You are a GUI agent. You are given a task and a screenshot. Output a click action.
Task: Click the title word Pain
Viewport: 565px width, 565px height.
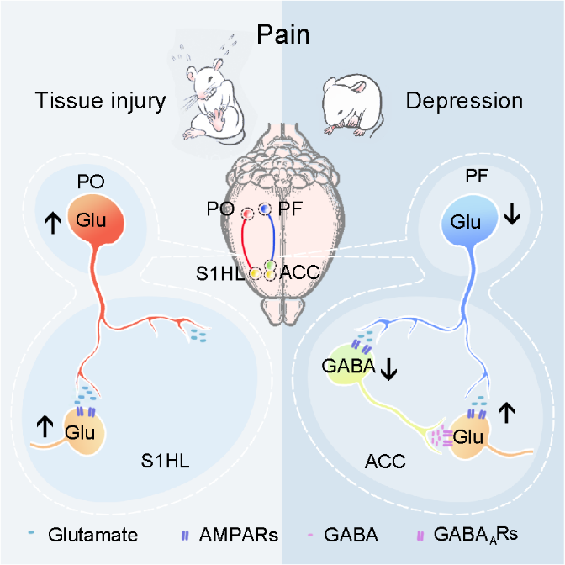(x=283, y=35)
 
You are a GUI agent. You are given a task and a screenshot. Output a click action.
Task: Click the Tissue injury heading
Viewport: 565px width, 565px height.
(x=99, y=102)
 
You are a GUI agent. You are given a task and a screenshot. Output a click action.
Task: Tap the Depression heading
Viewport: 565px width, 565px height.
(x=464, y=102)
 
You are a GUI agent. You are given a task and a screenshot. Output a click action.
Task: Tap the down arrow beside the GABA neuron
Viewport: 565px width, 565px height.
(x=388, y=368)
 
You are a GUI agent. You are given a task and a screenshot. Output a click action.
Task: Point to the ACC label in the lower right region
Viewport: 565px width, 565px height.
(x=386, y=462)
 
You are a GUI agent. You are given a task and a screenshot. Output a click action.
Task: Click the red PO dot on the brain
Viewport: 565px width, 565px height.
(x=248, y=214)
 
